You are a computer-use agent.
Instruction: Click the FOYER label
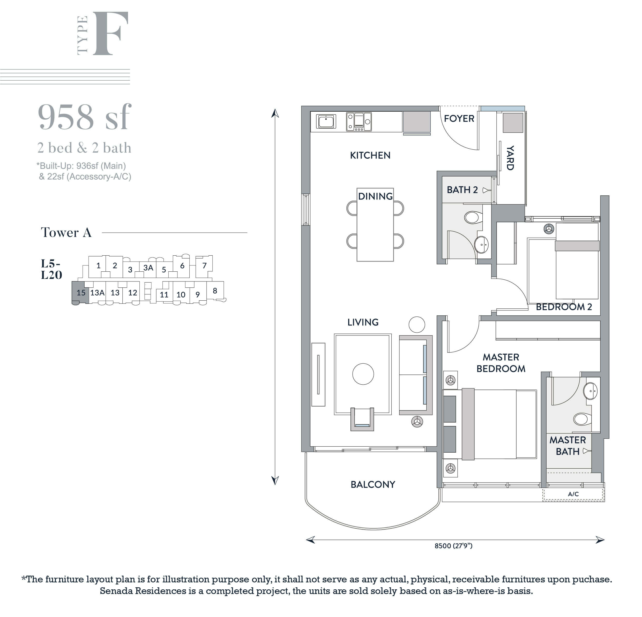click(459, 118)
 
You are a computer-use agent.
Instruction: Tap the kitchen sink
click(326, 121)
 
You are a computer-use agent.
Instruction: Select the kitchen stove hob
click(359, 122)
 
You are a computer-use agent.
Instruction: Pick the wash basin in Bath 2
click(482, 245)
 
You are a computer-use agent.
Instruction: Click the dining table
click(375, 225)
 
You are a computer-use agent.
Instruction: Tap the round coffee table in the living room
click(363, 374)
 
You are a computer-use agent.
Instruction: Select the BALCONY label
click(373, 484)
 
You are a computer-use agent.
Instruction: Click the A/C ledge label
click(573, 494)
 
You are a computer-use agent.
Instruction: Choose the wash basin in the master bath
click(590, 391)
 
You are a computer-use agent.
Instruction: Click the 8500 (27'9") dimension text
click(453, 546)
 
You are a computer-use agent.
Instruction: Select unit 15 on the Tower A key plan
click(81, 293)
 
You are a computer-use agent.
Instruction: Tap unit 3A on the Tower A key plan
click(148, 268)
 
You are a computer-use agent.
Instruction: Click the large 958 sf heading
click(85, 117)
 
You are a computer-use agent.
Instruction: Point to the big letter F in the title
click(110, 33)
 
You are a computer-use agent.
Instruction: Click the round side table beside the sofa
click(417, 325)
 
